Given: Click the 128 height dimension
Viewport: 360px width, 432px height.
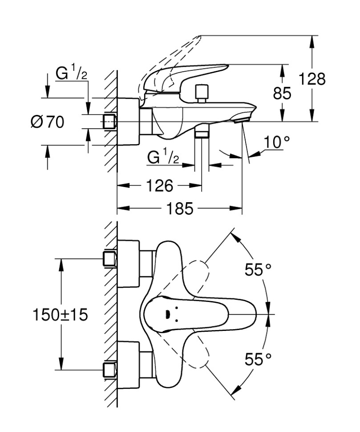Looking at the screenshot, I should tap(311, 79).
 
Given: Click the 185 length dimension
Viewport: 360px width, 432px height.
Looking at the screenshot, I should tap(180, 208).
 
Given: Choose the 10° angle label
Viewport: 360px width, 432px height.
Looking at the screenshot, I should tap(276, 143).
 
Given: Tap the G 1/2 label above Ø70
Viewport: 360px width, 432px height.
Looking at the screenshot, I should tap(71, 73).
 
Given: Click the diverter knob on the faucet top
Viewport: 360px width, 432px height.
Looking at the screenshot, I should tap(202, 92).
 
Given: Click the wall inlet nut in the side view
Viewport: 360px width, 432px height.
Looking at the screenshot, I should tap(109, 121).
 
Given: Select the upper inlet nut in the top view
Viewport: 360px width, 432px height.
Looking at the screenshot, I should tap(109, 259).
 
